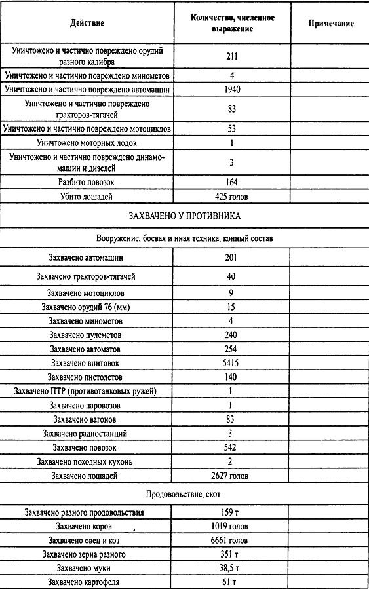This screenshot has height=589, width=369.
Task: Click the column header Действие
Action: (x=88, y=24)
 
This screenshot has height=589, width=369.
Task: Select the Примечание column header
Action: (x=330, y=24)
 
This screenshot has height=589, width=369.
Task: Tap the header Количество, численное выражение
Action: (x=231, y=24)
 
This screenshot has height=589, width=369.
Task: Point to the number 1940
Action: (x=233, y=88)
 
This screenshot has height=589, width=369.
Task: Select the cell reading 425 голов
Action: (x=233, y=195)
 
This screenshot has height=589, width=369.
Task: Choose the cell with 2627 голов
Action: (x=231, y=475)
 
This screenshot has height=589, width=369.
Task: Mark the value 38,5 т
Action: (x=231, y=567)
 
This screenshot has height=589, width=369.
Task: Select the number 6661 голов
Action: (x=232, y=541)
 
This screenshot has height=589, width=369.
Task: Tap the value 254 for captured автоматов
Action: (x=231, y=349)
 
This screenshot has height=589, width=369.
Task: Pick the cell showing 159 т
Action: (x=231, y=512)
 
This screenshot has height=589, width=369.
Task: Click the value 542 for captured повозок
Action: (x=231, y=447)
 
